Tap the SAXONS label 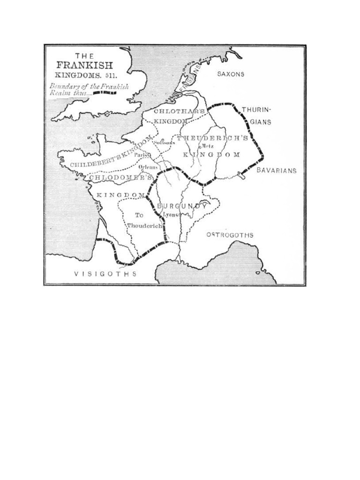click(231, 75)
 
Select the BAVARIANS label click(277, 171)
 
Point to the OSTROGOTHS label click(230, 235)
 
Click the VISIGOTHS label click(106, 274)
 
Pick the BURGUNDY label click(182, 206)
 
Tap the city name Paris click(141, 155)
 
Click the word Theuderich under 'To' click(144, 226)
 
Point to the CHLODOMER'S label click(120, 178)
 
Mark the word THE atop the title click(84, 55)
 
